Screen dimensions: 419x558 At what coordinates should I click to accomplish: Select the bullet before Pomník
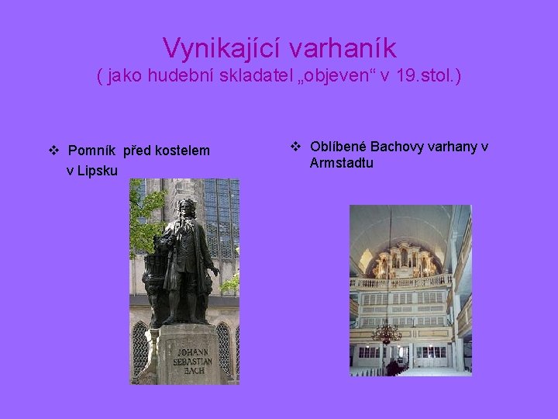click(x=53, y=150)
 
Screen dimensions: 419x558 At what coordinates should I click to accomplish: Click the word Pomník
click(x=91, y=150)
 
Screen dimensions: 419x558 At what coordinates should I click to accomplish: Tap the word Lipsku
click(x=98, y=170)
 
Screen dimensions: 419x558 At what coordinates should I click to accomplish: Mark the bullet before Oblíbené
click(x=295, y=147)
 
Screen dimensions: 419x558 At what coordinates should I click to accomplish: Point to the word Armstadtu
click(x=341, y=163)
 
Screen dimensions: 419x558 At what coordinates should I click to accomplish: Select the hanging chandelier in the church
click(x=386, y=332)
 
